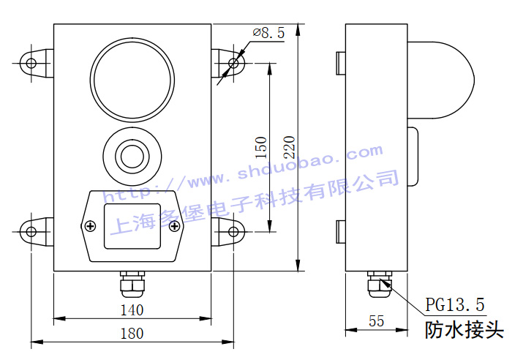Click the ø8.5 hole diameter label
[x=268, y=33]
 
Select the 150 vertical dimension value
[x=261, y=148]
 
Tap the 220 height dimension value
[x=289, y=147]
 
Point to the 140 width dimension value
[x=132, y=310]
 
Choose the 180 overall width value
[x=132, y=334]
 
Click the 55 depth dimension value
[x=376, y=321]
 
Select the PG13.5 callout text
[x=455, y=304]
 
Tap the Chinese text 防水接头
[x=464, y=330]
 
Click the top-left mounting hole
[x=31, y=63]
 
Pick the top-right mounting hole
[x=233, y=63]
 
